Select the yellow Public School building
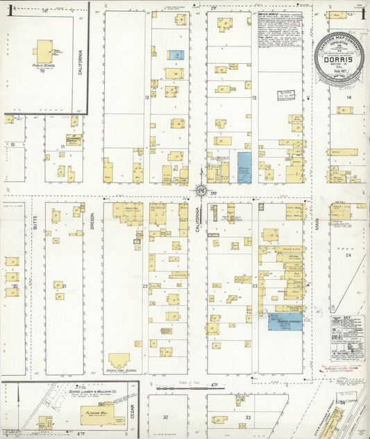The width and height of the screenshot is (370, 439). coord(44,51)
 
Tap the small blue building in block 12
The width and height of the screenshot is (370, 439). coord(178,54)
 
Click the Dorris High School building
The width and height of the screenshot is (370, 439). coord(118,362)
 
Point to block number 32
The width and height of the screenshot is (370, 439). coord(165,417)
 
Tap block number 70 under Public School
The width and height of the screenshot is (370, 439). coord(42,71)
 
